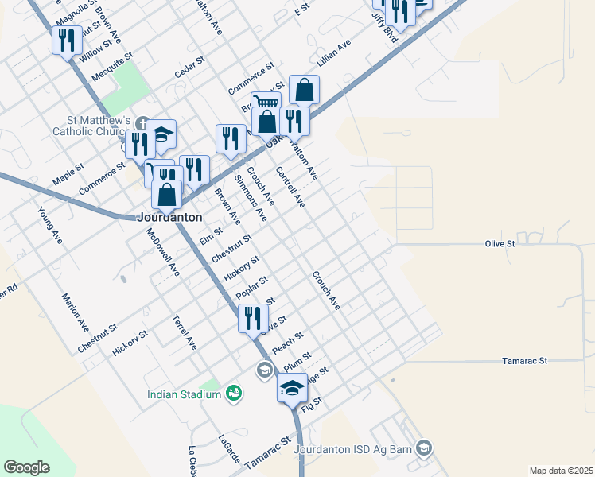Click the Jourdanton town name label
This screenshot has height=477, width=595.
pyautogui.click(x=169, y=216)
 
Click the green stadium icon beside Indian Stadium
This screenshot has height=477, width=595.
pyautogui.click(x=233, y=393)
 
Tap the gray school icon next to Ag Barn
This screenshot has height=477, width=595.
pyautogui.click(x=425, y=450)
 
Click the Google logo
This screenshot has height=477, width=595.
pyautogui.click(x=26, y=467)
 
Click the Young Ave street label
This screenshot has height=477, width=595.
pyautogui.click(x=49, y=224)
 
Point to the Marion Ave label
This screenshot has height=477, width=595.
pyautogui.click(x=76, y=312)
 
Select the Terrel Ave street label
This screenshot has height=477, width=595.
pyautogui.click(x=184, y=332)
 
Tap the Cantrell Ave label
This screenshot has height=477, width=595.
pyautogui.click(x=290, y=188)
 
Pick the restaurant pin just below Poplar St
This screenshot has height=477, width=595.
pyautogui.click(x=253, y=318)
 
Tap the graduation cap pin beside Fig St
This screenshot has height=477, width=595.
pyautogui.click(x=291, y=389)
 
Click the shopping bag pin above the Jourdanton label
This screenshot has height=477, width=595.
pyautogui.click(x=167, y=194)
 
